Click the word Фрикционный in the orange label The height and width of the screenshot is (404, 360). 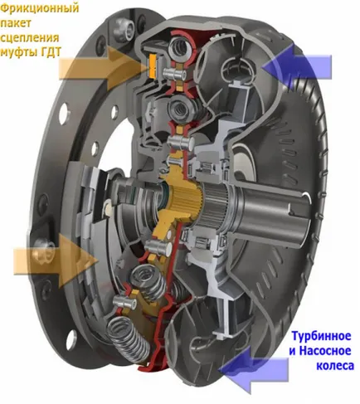click(40, 8)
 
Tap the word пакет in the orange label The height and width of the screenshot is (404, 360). click(16, 23)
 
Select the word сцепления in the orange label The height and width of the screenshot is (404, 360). click(30, 37)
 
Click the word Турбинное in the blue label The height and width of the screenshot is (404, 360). click(321, 337)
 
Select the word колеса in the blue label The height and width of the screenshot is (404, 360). click(335, 365)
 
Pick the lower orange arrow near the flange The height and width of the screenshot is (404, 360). click(56, 260)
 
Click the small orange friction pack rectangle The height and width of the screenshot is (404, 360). click(152, 66)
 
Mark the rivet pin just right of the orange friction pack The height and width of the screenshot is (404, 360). click(174, 74)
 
